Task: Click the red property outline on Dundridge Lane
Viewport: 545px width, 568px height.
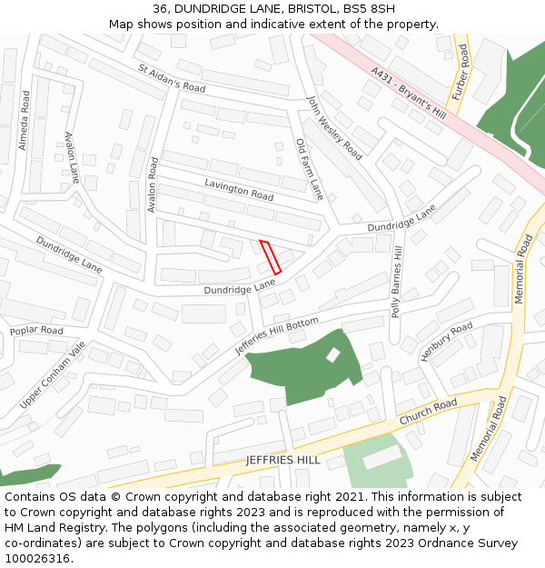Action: click(x=271, y=256)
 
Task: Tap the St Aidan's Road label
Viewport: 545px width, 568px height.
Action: click(x=172, y=79)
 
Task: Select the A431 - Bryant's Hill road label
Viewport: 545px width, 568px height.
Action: click(x=408, y=95)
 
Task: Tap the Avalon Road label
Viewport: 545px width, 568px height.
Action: click(x=153, y=185)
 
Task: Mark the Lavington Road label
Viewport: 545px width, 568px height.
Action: click(x=238, y=190)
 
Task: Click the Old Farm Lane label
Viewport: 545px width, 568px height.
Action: click(x=310, y=169)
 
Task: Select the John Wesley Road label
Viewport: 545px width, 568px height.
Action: click(x=334, y=127)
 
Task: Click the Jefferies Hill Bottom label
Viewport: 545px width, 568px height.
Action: click(x=277, y=336)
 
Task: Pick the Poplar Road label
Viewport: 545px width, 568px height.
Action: click(x=36, y=331)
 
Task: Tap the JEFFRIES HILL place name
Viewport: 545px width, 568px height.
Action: click(x=282, y=460)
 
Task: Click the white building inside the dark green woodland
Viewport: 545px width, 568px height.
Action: click(x=333, y=354)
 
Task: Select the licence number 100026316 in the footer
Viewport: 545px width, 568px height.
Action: click(x=36, y=558)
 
